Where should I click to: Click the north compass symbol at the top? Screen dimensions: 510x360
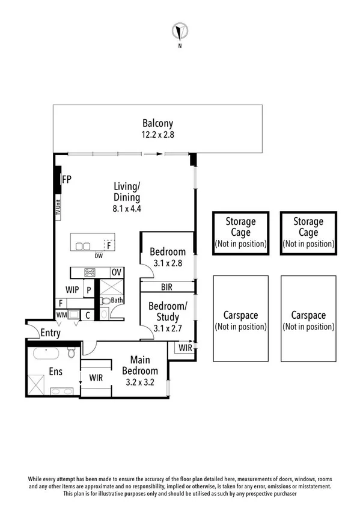178,31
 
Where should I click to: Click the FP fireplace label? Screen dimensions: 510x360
66,179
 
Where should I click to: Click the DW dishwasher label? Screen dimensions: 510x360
98,256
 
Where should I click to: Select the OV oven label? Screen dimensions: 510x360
117,272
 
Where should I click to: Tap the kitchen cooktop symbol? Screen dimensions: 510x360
90,272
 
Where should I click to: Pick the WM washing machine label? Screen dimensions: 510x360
62,314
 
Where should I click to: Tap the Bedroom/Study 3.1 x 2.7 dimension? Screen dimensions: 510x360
168,328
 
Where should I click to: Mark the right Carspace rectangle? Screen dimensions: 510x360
308,319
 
